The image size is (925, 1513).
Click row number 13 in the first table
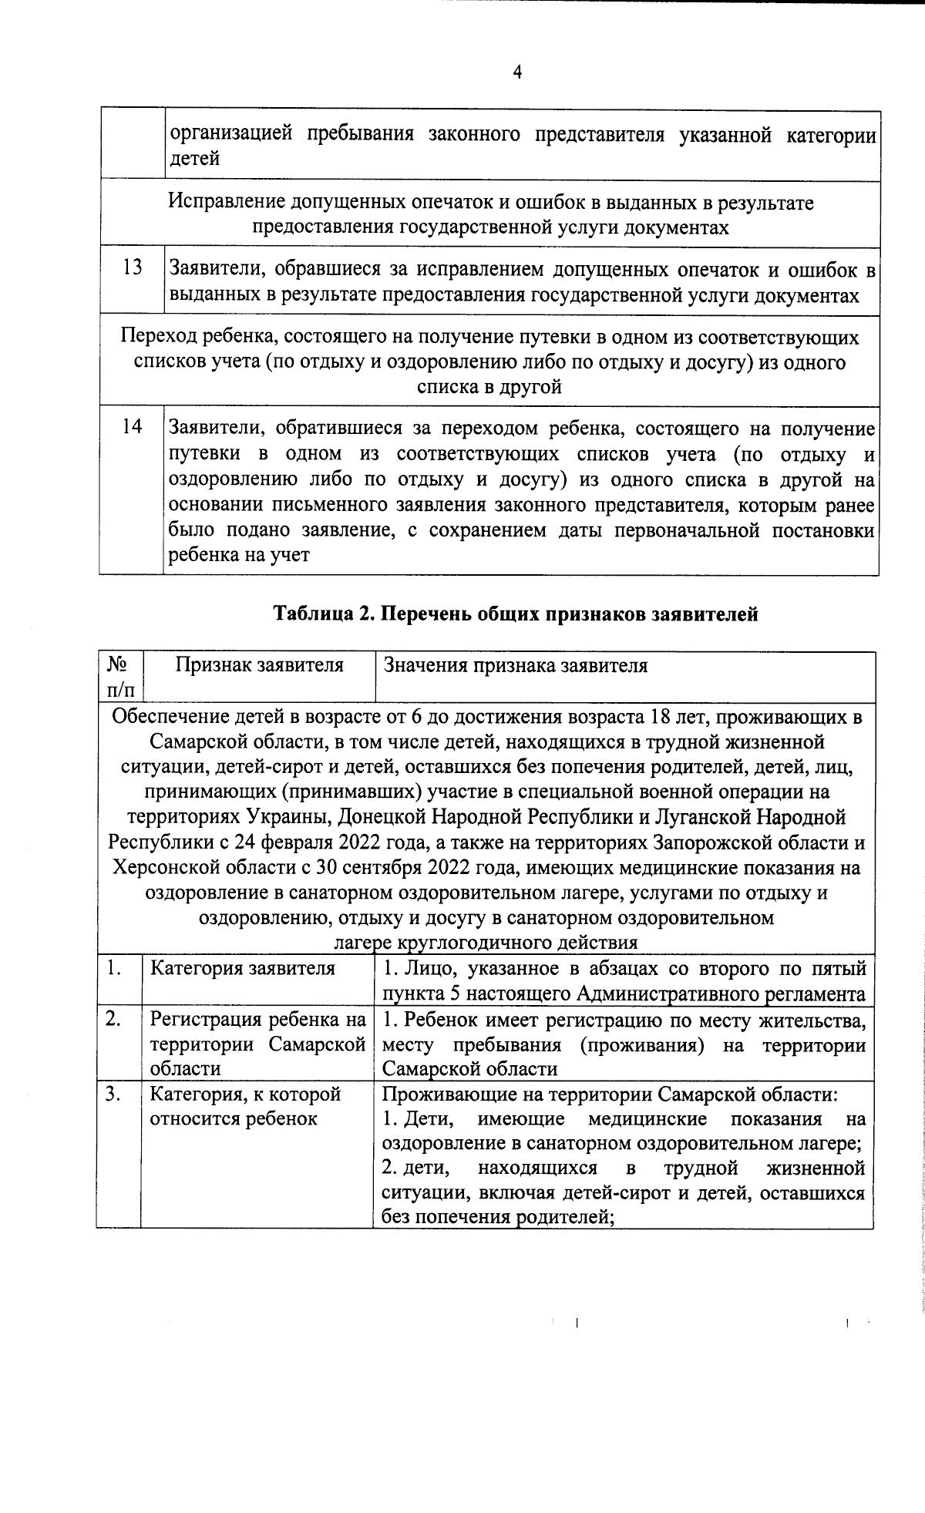[133, 267]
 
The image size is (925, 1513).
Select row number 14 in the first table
[133, 426]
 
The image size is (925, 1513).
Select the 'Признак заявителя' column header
[259, 665]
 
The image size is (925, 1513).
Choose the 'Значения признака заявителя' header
[515, 665]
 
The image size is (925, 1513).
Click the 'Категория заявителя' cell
[242, 968]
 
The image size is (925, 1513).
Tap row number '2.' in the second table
[113, 1019]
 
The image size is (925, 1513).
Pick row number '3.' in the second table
[113, 1094]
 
